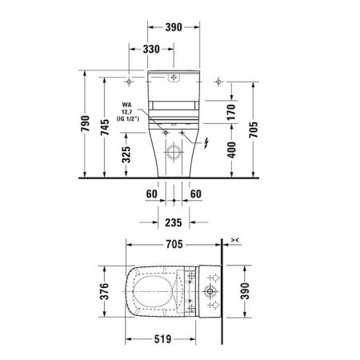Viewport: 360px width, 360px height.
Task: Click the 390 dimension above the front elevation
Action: point(174,26)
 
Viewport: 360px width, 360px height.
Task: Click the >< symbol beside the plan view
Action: point(234,239)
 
